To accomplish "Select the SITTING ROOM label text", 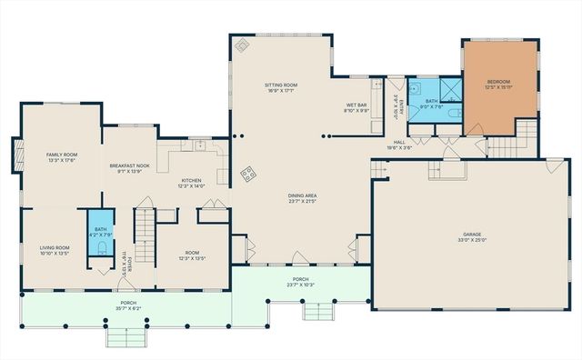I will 281,85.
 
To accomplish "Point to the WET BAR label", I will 356,105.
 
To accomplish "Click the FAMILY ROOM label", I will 62,155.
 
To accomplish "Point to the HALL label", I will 398,142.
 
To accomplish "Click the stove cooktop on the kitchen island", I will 246,172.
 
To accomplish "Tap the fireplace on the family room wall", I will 15,154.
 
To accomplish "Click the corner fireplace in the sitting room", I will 242,46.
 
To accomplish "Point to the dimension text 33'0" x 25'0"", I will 469,240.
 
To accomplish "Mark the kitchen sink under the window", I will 196,145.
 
